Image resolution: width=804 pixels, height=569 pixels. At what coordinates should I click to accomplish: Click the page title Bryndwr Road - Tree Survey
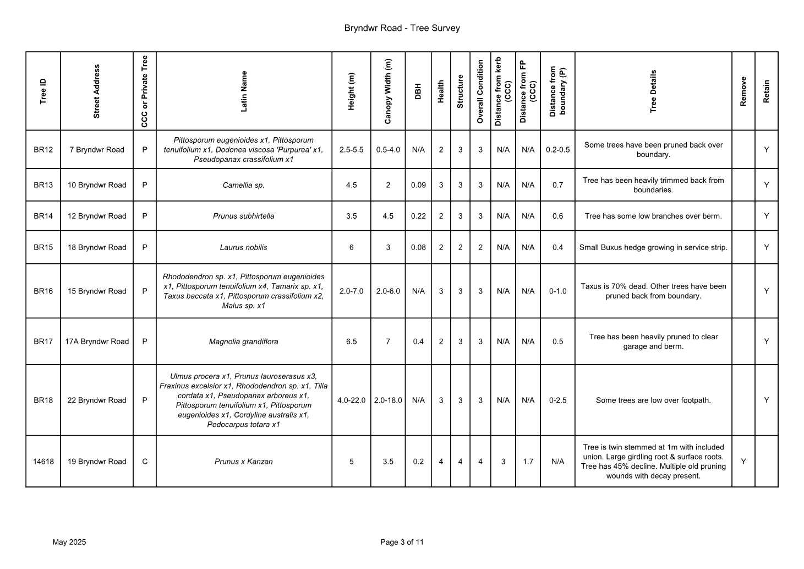click(402, 28)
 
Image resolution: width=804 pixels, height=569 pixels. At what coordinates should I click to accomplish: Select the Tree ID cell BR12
click(43, 150)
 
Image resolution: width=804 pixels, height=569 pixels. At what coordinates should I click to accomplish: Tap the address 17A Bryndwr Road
click(97, 342)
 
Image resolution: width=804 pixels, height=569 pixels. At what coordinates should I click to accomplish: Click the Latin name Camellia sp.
click(243, 185)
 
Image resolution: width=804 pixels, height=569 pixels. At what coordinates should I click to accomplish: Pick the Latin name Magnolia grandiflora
click(243, 342)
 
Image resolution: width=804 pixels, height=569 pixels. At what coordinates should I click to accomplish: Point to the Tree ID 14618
click(43, 462)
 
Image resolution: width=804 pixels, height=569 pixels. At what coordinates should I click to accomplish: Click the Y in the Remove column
click(743, 462)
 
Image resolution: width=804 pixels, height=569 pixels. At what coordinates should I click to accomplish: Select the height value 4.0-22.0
click(351, 400)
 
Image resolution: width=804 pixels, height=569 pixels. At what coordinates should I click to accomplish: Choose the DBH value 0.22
click(418, 216)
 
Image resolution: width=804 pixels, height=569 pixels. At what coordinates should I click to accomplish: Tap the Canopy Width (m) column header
click(388, 91)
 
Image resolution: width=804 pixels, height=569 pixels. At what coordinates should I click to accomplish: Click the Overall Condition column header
click(480, 91)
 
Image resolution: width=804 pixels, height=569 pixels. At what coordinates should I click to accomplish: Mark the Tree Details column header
click(653, 91)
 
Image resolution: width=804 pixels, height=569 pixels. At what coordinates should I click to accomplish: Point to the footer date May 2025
click(69, 542)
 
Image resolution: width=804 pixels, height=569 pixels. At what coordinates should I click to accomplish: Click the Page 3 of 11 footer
click(402, 542)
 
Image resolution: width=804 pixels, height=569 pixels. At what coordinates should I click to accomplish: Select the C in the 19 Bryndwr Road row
click(145, 462)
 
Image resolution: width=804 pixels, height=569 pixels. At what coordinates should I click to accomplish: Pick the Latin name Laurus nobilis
click(243, 247)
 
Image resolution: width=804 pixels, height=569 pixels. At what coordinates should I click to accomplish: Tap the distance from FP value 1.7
click(528, 462)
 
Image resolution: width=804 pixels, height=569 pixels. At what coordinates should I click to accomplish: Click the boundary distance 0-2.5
click(557, 400)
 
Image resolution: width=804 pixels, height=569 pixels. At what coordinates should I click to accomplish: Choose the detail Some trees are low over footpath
click(653, 400)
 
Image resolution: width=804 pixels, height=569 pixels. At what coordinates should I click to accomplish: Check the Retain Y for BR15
click(766, 247)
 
